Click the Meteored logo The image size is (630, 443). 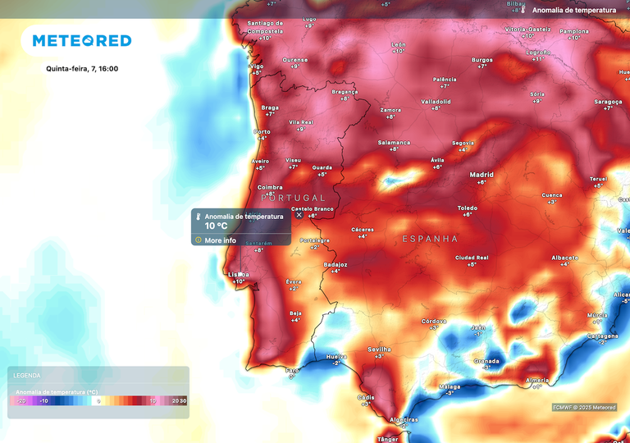(81, 40)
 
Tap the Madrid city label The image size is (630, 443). (482, 175)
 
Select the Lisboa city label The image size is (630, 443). (239, 274)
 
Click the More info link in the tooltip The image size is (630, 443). (220, 240)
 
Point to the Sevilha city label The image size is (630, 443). (379, 349)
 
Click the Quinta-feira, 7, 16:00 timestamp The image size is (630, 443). (82, 68)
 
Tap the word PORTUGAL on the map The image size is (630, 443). (293, 198)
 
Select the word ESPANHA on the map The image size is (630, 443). (430, 239)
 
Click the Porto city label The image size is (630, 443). (262, 132)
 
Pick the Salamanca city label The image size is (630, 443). (394, 142)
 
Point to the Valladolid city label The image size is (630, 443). (436, 102)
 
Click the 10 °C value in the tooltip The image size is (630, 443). (217, 226)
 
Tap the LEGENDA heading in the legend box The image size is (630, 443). (28, 375)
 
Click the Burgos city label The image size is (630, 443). (482, 60)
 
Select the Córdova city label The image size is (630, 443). (433, 321)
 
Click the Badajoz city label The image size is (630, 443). (336, 264)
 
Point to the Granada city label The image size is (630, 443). (486, 360)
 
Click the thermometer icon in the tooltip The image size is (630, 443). (198, 217)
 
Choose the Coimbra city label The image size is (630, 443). (270, 187)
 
